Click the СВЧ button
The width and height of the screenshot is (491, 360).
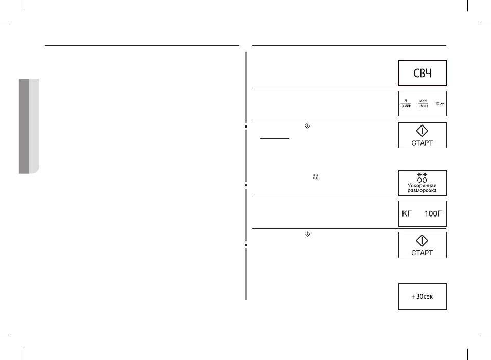click(422, 73)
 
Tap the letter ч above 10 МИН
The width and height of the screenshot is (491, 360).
click(406, 101)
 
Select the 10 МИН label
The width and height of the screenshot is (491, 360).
click(406, 106)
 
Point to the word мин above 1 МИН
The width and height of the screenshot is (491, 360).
click(423, 101)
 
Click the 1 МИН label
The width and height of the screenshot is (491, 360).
click(423, 106)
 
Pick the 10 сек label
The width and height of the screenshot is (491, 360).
click(440, 103)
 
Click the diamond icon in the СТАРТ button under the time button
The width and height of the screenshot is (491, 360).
click(422, 131)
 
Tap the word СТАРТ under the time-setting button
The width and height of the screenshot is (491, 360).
click(422, 143)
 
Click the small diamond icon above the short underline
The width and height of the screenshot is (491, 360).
click(307, 125)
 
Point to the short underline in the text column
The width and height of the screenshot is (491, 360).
click(275, 138)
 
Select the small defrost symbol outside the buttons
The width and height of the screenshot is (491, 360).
click(315, 177)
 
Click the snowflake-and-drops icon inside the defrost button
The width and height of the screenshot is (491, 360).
click(422, 177)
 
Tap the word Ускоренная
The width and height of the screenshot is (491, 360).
click(422, 186)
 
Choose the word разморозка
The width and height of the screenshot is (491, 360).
click(422, 190)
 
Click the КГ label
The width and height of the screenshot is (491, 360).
click(407, 213)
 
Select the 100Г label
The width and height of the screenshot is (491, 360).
click(433, 213)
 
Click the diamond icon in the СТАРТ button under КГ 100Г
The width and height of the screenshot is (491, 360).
click(422, 241)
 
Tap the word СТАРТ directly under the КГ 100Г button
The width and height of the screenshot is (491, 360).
click(422, 253)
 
